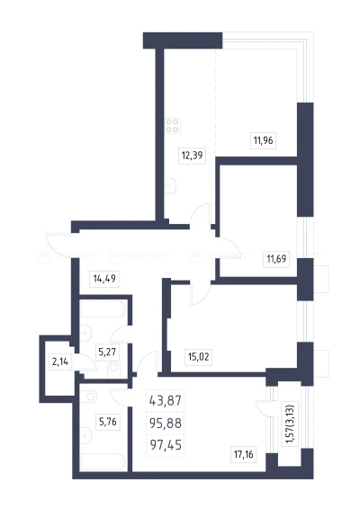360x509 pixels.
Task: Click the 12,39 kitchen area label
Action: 193,156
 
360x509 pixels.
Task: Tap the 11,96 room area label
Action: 263,141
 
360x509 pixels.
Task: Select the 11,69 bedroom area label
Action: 276,259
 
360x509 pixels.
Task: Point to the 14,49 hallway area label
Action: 104,279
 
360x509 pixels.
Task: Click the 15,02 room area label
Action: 199,357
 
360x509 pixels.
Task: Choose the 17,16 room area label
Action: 243,454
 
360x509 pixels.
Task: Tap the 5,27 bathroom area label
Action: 107,352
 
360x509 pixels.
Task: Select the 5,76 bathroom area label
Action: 107,423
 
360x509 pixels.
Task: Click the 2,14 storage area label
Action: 60,362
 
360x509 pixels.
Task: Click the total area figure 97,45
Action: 166,445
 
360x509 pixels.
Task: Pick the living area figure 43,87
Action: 166,400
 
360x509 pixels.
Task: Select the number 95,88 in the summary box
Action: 166,423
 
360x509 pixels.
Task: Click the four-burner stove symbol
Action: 173,126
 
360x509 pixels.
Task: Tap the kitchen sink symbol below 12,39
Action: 170,185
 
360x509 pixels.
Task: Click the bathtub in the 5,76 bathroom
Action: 103,461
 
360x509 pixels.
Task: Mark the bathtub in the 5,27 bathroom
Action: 103,309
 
